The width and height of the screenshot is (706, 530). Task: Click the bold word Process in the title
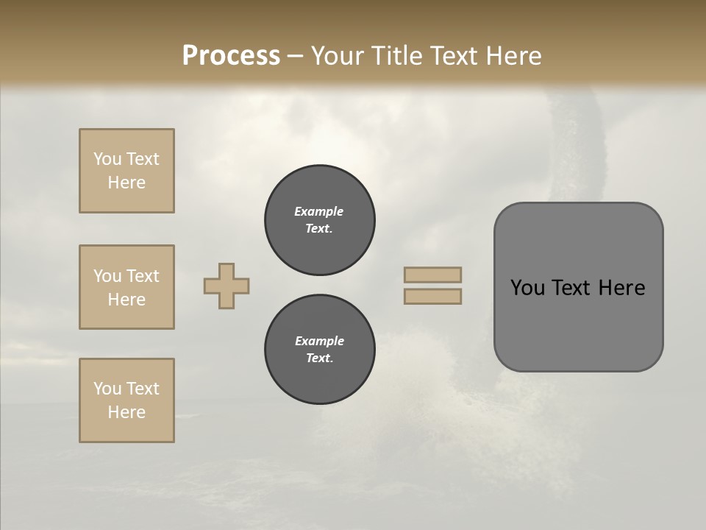pos(231,56)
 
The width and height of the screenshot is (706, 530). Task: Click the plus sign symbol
pos(227,286)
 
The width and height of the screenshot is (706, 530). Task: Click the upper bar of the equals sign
pos(432,275)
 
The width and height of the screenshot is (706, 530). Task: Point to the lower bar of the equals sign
pos(432,297)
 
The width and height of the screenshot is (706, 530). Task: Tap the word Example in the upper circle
pos(319,211)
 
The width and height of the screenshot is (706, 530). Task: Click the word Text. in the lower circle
pos(319,358)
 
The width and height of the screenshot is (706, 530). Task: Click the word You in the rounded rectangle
pos(527,288)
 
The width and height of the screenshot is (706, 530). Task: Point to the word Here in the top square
pos(126,183)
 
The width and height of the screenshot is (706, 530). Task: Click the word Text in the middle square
pos(143,276)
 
